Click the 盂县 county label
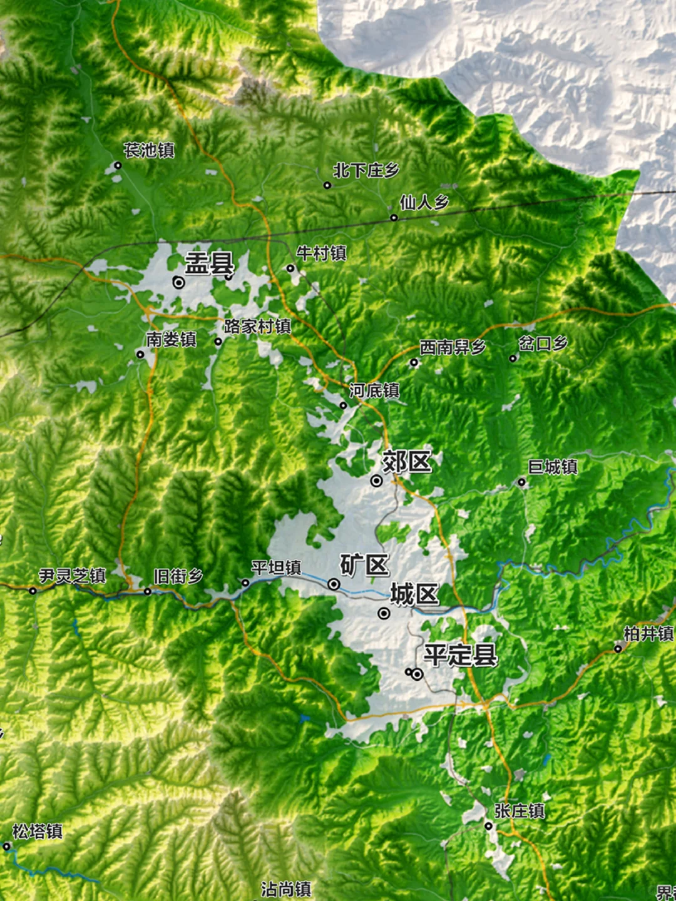[209, 263]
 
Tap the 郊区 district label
[407, 462]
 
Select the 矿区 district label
[364, 565]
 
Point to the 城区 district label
[414, 594]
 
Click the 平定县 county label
[460, 655]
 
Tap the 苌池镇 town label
[149, 150]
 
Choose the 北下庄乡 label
[366, 170]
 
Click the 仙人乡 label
[424, 202]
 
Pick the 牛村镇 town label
[321, 253]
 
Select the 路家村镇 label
[257, 326]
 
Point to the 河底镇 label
[374, 391]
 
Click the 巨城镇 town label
[553, 467]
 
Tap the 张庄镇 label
[520, 811]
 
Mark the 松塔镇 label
[38, 832]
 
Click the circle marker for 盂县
[179, 283]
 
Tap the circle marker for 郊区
[376, 481]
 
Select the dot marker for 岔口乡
[513, 359]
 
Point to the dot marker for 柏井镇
[618, 649]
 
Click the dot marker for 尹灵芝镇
[33, 591]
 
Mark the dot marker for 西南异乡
[414, 362]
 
